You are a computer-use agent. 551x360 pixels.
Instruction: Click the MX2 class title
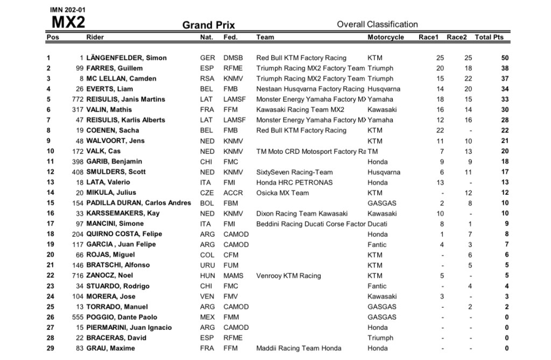pyautogui.click(x=68, y=23)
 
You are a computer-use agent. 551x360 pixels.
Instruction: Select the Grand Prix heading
pyautogui.click(x=208, y=25)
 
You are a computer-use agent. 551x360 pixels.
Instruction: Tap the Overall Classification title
pyautogui.click(x=377, y=24)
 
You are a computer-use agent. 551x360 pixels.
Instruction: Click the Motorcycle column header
pyautogui.click(x=385, y=37)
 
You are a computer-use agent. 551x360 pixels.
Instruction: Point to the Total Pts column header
pyautogui.click(x=489, y=37)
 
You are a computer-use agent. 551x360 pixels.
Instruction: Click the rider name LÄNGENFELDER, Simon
pyautogui.click(x=126, y=58)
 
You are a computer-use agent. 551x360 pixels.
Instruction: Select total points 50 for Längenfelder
pyautogui.click(x=504, y=58)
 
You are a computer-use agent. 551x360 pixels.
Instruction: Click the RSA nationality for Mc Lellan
pyautogui.click(x=207, y=79)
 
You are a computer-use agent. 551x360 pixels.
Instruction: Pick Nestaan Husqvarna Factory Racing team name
pyautogui.click(x=310, y=89)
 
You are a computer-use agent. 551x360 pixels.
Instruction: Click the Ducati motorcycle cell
pyautogui.click(x=377, y=224)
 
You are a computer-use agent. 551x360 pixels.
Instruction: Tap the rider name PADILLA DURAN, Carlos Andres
pyautogui.click(x=138, y=203)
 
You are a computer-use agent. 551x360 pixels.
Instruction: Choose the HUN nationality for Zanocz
pyautogui.click(x=207, y=276)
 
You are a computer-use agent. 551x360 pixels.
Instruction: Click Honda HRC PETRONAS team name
pyautogui.click(x=294, y=182)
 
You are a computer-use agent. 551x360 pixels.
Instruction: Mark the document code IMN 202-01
pyautogui.click(x=67, y=10)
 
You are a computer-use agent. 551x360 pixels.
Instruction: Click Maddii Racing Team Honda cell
pyautogui.click(x=298, y=349)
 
